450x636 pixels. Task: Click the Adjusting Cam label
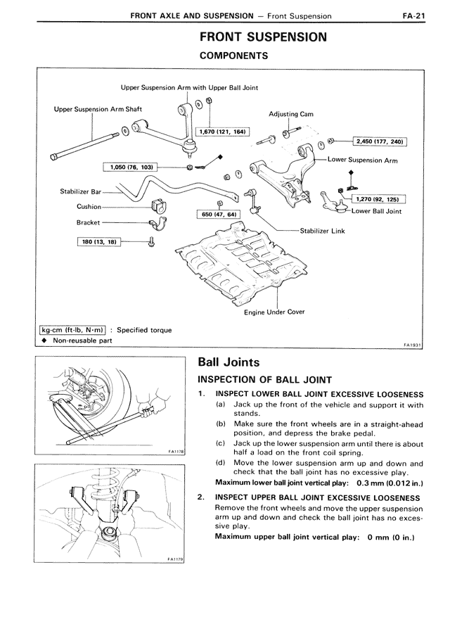[x=291, y=114]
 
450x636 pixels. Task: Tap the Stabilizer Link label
[x=322, y=230]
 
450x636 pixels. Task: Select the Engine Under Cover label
[x=274, y=312]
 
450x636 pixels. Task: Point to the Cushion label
[x=89, y=207]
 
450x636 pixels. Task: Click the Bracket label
[x=88, y=222]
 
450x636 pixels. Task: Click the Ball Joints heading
[x=230, y=363]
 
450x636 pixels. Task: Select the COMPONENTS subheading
[x=233, y=55]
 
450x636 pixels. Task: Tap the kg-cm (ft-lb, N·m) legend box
[x=72, y=329]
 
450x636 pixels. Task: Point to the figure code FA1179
[x=176, y=559]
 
